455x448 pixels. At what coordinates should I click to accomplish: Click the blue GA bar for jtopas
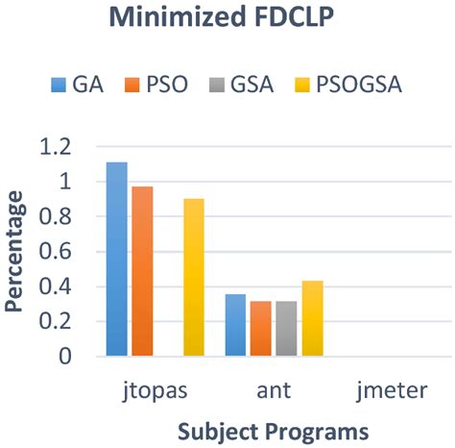(x=117, y=260)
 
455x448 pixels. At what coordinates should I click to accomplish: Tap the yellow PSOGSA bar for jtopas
(x=193, y=277)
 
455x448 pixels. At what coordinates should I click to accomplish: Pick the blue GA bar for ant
(x=235, y=325)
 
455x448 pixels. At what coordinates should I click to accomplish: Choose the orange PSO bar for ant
(x=260, y=329)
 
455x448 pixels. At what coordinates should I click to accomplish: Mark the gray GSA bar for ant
(x=285, y=329)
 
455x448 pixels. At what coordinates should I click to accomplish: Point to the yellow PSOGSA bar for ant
(x=311, y=318)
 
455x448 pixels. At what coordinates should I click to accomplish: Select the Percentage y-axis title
(x=16, y=252)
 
